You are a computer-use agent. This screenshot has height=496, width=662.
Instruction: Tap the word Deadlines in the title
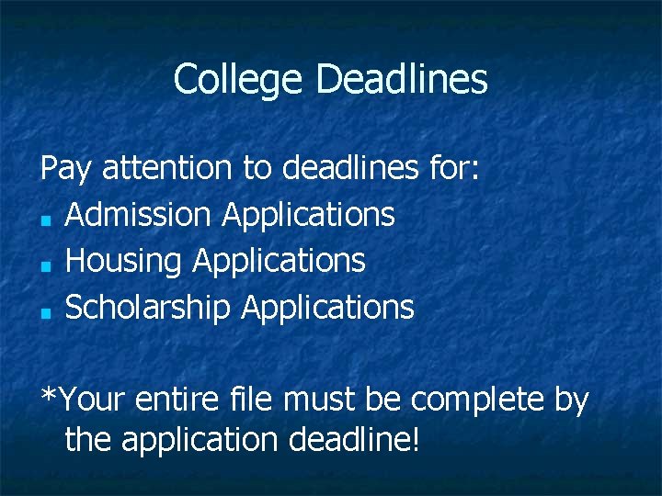click(x=402, y=80)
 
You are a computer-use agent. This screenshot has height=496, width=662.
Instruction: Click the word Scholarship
click(x=147, y=308)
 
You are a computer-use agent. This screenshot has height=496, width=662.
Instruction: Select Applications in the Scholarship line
click(x=327, y=308)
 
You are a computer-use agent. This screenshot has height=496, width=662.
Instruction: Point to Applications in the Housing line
click(x=279, y=262)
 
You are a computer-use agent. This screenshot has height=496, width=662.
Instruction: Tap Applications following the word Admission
click(x=308, y=215)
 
